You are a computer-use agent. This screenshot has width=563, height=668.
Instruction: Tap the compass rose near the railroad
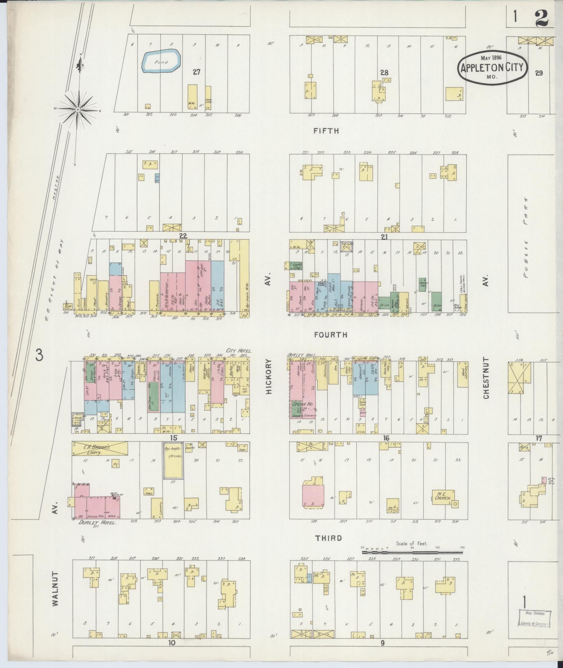77,110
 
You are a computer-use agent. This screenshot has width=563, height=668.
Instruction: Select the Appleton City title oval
492,67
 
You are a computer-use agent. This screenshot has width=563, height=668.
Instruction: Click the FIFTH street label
326,131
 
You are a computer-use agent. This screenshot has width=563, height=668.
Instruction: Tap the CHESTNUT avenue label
486,378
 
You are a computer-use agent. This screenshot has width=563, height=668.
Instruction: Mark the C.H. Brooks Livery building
99,449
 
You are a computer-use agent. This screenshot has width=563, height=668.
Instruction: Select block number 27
197,72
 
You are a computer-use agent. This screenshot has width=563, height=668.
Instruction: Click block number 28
384,73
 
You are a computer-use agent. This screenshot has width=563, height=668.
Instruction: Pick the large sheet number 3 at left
39,356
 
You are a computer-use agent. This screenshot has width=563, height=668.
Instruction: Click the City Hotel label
239,351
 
